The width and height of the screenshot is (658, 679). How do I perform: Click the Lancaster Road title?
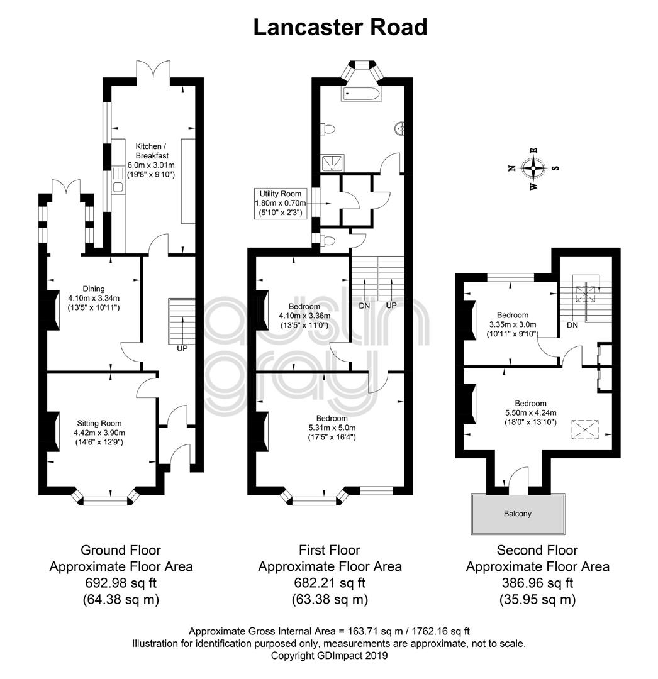point(340,27)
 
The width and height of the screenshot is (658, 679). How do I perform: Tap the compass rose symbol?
point(533,168)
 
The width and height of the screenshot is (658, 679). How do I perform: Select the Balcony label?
point(517,514)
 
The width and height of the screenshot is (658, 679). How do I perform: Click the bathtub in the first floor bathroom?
point(361,94)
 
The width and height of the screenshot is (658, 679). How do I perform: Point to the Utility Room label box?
point(281,203)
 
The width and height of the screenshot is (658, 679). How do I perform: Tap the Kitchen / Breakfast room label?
point(152,151)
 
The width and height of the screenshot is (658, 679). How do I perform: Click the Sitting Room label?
point(99,423)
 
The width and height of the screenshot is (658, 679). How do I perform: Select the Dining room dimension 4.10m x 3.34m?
point(94,298)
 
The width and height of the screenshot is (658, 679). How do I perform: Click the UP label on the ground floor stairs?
point(182,348)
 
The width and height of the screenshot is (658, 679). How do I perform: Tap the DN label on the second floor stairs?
point(572,325)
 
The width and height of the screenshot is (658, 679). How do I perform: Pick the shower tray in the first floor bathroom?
point(333,162)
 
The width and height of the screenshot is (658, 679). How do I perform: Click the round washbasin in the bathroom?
point(399,128)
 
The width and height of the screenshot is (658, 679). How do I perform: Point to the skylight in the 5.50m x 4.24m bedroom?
point(585,429)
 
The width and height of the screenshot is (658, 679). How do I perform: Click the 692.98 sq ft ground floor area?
point(121,583)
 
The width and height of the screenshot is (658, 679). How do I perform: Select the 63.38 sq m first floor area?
point(330,599)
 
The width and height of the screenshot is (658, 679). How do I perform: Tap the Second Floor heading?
point(537,550)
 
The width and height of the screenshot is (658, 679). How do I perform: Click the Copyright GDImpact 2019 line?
point(329,656)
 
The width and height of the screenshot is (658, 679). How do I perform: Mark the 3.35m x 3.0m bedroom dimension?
point(513,324)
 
